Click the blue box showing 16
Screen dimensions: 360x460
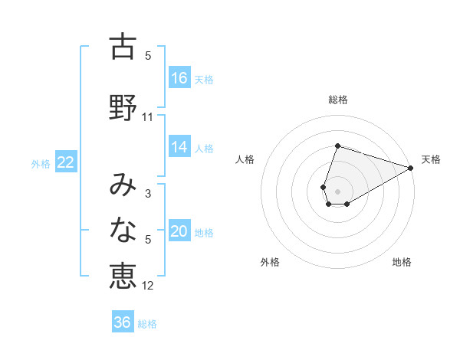tap(179, 77)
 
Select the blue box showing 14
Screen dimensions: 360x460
tap(179, 148)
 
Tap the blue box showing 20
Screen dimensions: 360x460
tap(179, 232)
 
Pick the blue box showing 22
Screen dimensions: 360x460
tap(66, 162)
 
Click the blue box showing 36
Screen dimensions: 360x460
tap(123, 322)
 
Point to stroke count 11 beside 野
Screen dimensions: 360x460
tap(148, 117)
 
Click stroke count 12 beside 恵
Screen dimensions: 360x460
tap(148, 286)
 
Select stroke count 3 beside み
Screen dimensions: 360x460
tap(148, 194)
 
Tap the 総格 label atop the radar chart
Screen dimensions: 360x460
tap(338, 100)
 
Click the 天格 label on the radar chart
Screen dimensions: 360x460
tap(431, 159)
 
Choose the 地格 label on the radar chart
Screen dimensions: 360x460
tap(402, 262)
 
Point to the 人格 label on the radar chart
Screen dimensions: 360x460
tap(245, 159)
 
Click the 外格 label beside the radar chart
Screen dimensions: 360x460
tap(270, 262)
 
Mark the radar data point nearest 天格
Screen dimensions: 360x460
tap(412, 168)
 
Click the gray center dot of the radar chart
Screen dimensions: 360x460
tap(338, 191)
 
